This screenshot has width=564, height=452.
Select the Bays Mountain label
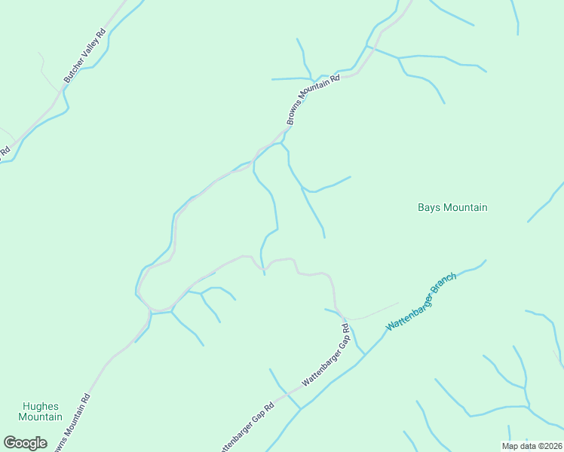point(452,207)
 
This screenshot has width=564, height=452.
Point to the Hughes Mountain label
point(40,411)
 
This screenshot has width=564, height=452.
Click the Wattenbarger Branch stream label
point(421,300)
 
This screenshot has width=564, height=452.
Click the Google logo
point(25,443)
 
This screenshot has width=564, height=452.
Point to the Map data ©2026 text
point(532,446)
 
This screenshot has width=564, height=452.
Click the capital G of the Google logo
point(10,442)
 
